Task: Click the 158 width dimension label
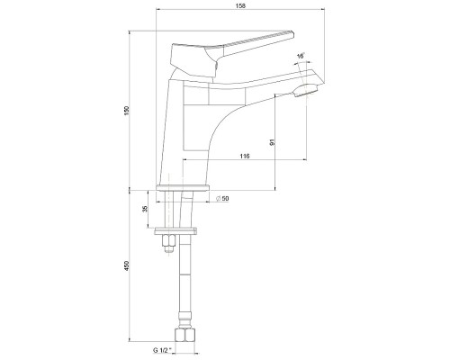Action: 240,5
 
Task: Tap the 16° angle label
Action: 301,56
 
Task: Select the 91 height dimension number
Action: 273,142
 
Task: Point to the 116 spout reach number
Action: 245,156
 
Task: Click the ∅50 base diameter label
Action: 222,199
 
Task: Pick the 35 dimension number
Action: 145,209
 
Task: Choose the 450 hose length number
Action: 127,265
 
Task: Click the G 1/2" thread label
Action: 162,350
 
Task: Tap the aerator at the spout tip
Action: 306,90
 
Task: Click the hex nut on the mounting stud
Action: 169,240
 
